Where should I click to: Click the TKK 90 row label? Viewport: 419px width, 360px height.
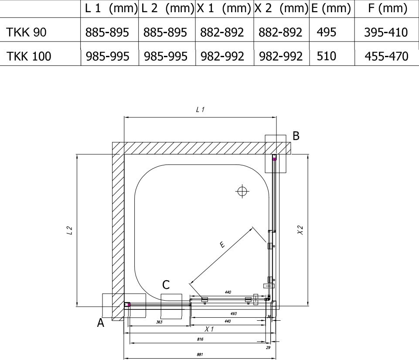(x=26, y=32)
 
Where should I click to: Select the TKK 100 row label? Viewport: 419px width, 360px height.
(x=28, y=56)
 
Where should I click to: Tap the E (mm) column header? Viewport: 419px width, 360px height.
(x=331, y=8)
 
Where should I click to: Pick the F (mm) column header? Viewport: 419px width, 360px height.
(x=388, y=8)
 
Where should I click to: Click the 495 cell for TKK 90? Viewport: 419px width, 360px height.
(x=326, y=32)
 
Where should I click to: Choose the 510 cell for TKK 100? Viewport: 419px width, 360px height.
(x=326, y=56)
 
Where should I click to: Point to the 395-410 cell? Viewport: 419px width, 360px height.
(x=386, y=32)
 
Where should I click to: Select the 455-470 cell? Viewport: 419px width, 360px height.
(x=386, y=56)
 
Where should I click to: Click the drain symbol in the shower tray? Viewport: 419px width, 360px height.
(x=242, y=191)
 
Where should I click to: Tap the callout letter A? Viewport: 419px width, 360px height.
(x=100, y=322)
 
